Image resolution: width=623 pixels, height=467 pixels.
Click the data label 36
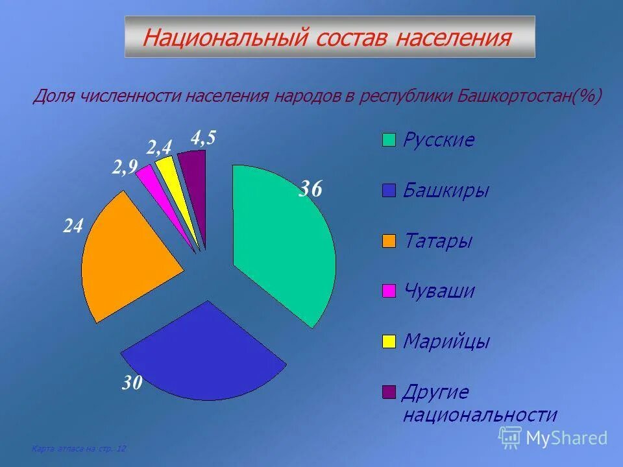pyautogui.click(x=310, y=189)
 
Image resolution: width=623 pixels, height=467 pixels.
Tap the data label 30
pyautogui.click(x=132, y=383)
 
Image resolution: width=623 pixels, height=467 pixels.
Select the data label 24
pyautogui.click(x=73, y=226)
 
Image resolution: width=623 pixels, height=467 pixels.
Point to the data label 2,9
pyautogui.click(x=124, y=169)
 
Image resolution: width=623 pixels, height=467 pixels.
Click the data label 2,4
pyautogui.click(x=158, y=147)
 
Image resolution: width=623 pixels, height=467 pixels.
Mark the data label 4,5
pyautogui.click(x=202, y=138)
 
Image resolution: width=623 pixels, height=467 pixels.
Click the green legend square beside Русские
pyautogui.click(x=389, y=140)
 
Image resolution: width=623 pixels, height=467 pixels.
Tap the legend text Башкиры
pyautogui.click(x=446, y=191)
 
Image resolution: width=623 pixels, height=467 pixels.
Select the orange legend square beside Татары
pyautogui.click(x=389, y=241)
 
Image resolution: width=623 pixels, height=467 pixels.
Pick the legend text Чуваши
pyautogui.click(x=439, y=291)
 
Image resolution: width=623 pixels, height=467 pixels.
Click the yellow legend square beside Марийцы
pyautogui.click(x=389, y=341)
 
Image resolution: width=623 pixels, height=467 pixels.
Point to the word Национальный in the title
pyautogui.click(x=225, y=37)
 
